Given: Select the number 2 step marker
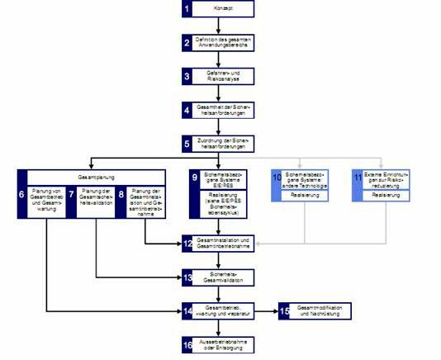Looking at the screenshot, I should click(187, 42).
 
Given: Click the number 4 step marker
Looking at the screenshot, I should click(187, 109).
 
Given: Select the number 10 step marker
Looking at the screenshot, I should click(277, 178).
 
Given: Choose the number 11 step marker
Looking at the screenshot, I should click(357, 178).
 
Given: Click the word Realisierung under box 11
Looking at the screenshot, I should click(386, 196).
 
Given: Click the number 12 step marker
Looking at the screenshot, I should click(187, 243).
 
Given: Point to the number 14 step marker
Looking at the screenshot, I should click(187, 310).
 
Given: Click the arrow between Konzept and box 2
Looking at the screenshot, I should click(218, 26).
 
